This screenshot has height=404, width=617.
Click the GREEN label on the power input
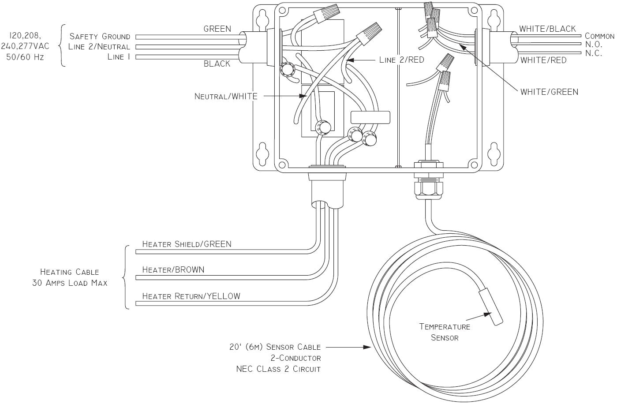217,29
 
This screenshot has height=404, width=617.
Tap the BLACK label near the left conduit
217,64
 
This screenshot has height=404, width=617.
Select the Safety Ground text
100,37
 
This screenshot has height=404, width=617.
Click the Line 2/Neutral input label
99,47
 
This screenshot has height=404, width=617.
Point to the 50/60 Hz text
25,57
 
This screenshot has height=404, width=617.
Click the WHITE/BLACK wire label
547,29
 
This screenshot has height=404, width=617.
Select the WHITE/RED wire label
543,60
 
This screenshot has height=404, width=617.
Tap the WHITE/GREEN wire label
549,92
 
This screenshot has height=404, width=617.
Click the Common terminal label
599,36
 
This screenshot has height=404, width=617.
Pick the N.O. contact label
594,45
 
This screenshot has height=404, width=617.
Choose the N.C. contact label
594,54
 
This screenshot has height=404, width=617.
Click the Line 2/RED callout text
401,60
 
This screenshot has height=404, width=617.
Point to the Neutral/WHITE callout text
226,96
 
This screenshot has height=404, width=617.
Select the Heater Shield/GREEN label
187,244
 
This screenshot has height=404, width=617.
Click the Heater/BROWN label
173,270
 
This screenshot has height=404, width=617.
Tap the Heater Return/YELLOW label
191,296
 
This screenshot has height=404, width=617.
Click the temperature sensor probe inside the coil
491,307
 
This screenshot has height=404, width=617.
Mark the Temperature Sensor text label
445,332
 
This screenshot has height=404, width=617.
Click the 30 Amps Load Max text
70,283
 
